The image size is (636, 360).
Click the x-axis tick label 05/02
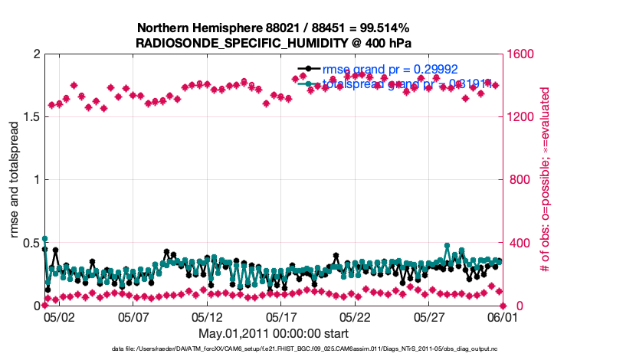(x=59, y=316)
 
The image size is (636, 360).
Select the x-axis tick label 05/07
(x=133, y=316)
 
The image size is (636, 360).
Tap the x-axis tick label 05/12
(x=207, y=316)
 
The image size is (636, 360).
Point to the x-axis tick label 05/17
(x=281, y=316)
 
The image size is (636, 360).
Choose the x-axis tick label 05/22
(x=356, y=316)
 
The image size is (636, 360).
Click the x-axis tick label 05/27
(x=429, y=316)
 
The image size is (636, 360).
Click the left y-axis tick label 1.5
(x=30, y=117)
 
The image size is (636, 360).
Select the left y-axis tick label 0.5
(x=30, y=243)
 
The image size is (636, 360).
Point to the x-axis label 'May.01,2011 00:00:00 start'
(x=274, y=333)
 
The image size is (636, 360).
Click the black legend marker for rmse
(x=309, y=69)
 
